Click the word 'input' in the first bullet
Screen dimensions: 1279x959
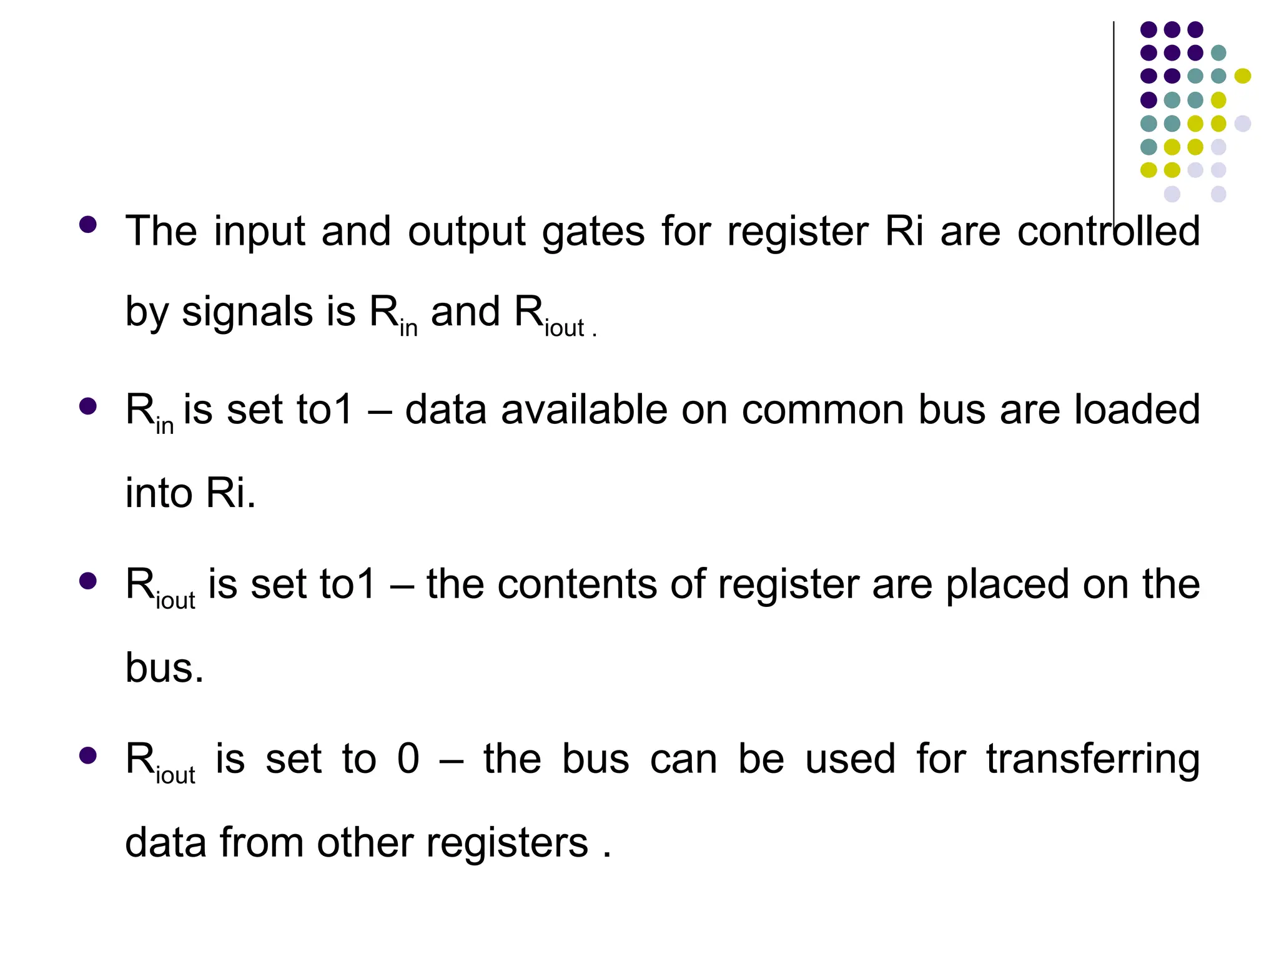(x=259, y=232)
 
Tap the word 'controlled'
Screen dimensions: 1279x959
(x=1109, y=232)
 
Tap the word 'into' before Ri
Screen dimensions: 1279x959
(x=159, y=493)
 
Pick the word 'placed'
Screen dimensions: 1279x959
(x=1007, y=586)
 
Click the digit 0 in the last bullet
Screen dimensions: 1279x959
(x=408, y=760)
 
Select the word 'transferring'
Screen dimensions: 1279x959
(x=1093, y=761)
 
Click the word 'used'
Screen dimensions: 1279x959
(x=850, y=760)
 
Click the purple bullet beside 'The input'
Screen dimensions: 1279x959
(x=88, y=225)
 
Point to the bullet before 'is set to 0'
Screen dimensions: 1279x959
(x=88, y=755)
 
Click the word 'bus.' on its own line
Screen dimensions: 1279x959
(x=165, y=668)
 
